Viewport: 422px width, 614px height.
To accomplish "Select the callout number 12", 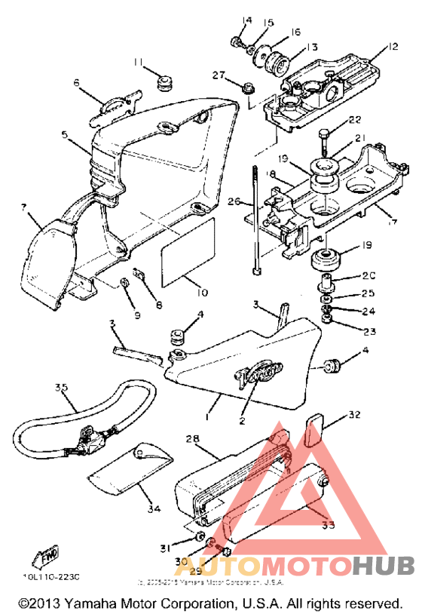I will [392, 47].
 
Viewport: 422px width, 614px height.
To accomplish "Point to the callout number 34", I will [154, 509].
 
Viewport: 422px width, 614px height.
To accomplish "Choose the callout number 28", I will [191, 439].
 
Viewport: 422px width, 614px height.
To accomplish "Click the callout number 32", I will [354, 415].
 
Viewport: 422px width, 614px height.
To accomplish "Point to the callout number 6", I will [77, 83].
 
